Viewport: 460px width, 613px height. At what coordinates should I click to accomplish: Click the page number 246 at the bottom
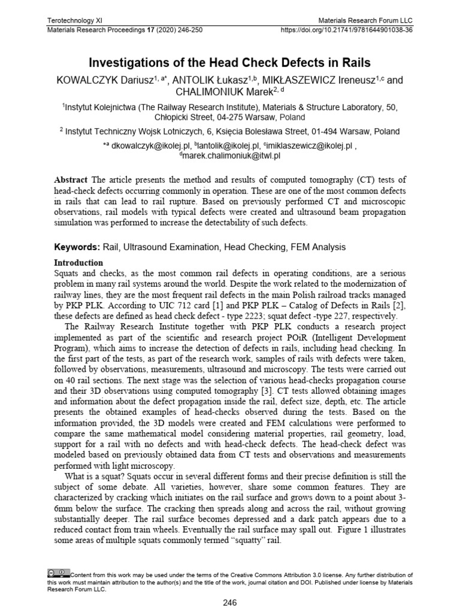[x=230, y=603]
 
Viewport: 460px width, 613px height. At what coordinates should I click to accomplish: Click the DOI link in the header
[x=347, y=29]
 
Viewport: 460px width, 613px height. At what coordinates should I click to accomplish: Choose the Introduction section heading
[x=79, y=262]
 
